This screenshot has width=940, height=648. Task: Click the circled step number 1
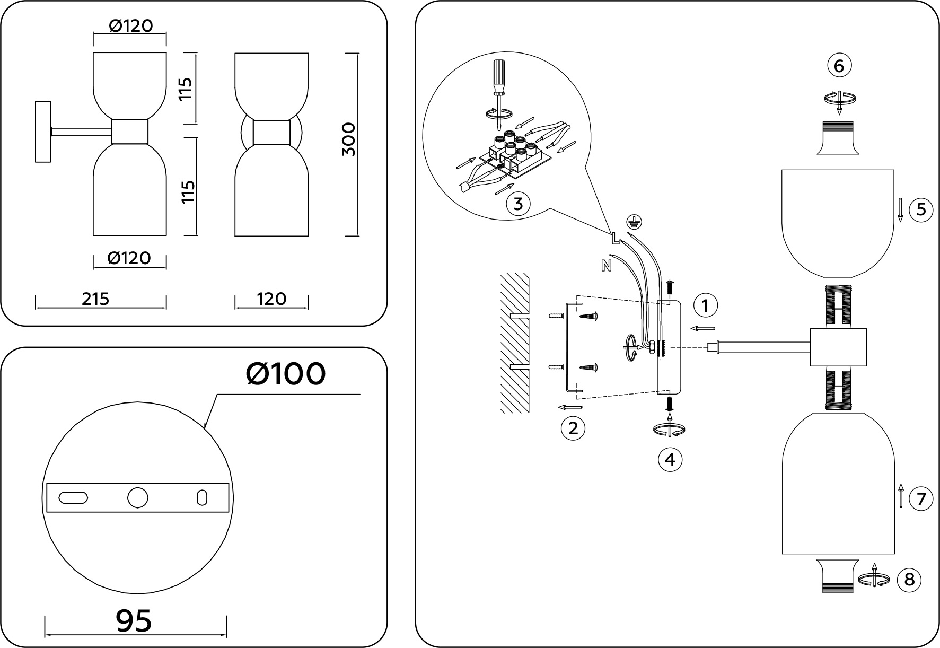point(705,305)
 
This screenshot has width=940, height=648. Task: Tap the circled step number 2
point(573,428)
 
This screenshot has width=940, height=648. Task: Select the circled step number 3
point(519,204)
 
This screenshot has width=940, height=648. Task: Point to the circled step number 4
point(670,459)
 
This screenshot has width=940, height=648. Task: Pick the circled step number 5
point(921,209)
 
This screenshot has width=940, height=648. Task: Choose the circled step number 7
point(921,499)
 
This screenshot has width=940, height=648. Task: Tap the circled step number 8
point(909,580)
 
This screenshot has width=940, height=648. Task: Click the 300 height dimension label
point(348,139)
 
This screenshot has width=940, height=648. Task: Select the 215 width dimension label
point(95,299)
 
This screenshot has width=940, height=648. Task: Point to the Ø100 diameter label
point(286,374)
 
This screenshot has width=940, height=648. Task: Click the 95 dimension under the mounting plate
point(134,620)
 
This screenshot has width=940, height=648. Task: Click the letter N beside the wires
point(607,265)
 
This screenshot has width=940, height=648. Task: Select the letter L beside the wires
point(615,239)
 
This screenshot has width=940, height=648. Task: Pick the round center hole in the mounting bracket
point(138,498)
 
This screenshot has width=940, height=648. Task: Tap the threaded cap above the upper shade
point(838,138)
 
